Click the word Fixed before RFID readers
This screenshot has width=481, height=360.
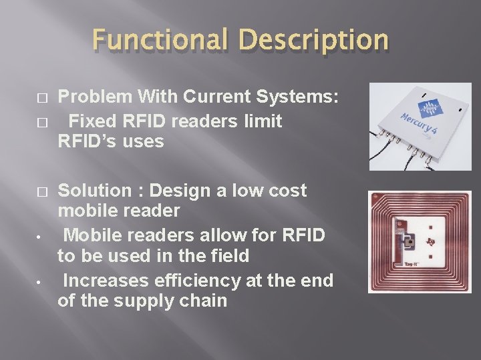92,121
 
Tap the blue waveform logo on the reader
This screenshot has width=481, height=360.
434,109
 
